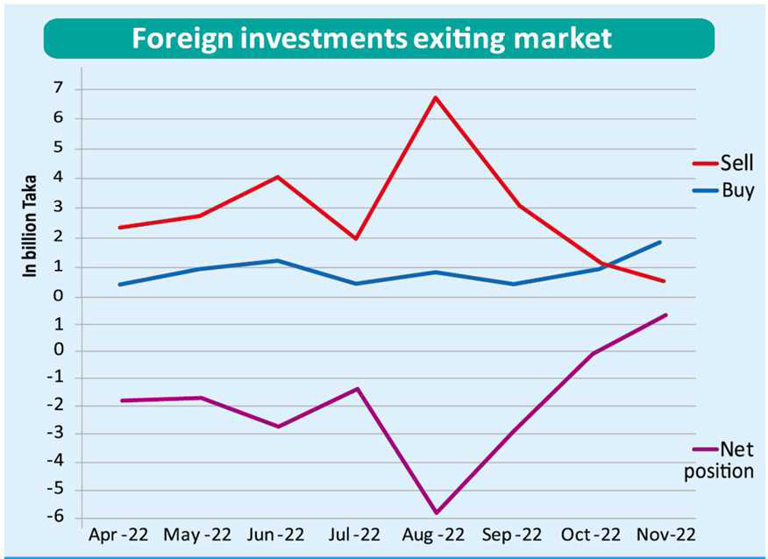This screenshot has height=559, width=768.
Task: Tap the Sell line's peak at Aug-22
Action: click(x=435, y=97)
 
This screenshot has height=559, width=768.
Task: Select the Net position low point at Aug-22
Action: click(x=435, y=513)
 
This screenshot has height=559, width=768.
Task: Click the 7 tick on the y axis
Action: click(x=58, y=88)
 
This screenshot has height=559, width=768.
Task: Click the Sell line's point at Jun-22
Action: click(x=278, y=177)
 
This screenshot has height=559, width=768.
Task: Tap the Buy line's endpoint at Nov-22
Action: click(x=659, y=242)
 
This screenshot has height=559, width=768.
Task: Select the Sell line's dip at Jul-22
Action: click(x=356, y=238)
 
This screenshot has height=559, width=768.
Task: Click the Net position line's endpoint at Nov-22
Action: click(x=666, y=315)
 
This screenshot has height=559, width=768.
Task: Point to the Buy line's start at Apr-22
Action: click(x=120, y=284)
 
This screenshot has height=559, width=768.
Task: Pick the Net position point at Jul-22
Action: click(x=357, y=388)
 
